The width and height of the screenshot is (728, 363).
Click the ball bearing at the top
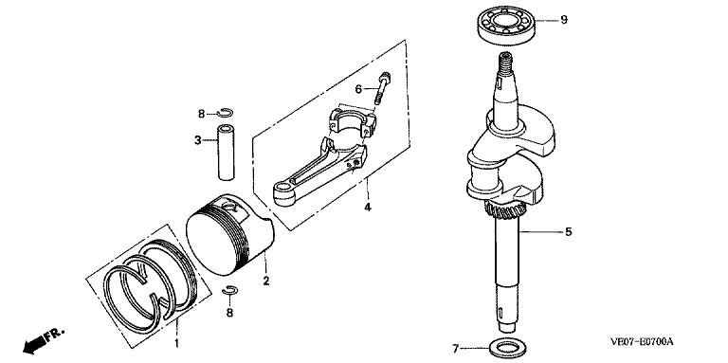(506, 26)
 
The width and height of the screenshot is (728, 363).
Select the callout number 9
(564, 20)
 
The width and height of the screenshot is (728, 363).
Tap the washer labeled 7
(505, 346)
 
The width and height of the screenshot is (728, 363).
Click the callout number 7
(455, 348)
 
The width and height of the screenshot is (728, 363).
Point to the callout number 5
(569, 231)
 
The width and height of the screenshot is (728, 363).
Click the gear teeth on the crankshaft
(505, 211)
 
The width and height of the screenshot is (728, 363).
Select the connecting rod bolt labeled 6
(383, 89)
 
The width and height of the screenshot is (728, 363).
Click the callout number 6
(358, 88)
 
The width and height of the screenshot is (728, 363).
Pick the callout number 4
(367, 207)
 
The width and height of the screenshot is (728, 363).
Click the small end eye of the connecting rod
(283, 193)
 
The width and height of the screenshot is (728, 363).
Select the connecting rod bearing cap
(352, 122)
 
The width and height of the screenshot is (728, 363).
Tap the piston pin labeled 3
(227, 152)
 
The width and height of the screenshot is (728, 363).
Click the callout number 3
(197, 140)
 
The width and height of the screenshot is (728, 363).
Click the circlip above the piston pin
(227, 112)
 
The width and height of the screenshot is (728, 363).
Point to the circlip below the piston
(229, 290)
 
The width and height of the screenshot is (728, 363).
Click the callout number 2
(266, 281)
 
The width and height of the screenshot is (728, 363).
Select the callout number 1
(176, 344)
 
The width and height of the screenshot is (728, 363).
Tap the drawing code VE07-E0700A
(642, 342)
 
